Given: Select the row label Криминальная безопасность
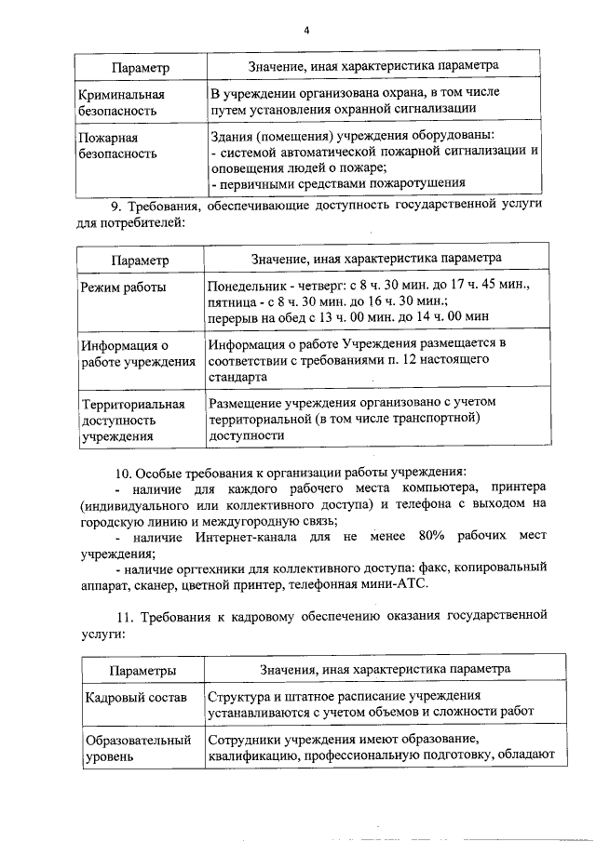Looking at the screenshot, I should pyautogui.click(x=122, y=102).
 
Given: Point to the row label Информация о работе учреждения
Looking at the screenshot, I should pyautogui.click(x=137, y=354).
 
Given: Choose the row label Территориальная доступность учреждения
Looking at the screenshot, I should pyautogui.click(x=133, y=420).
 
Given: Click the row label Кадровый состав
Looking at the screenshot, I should pyautogui.click(x=135, y=697).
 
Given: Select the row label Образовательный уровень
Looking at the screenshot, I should pyautogui.click(x=138, y=748).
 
